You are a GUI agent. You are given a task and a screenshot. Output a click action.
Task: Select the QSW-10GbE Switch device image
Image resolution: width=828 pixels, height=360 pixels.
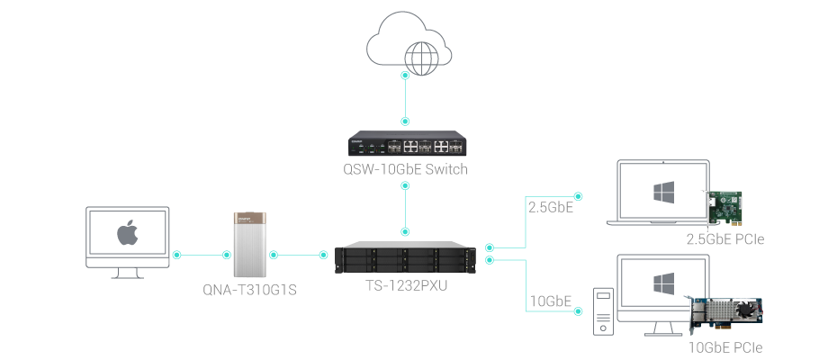[406, 145]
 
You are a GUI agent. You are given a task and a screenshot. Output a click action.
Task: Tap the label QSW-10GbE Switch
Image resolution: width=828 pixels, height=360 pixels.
[408, 169]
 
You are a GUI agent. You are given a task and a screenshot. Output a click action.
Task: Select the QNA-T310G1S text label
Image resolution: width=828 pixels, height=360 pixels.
[250, 290]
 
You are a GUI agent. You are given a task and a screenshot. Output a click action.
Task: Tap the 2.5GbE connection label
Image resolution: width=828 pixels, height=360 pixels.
[550, 207]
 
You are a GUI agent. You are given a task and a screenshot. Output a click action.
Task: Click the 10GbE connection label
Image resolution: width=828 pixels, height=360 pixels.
[550, 301]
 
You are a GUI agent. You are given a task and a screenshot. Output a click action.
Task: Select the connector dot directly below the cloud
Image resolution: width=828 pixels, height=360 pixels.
[405, 76]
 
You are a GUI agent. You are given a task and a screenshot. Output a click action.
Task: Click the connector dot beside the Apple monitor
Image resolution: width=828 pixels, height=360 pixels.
[177, 255]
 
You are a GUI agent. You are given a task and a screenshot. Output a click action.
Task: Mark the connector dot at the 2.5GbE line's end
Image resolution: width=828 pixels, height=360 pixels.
[578, 194]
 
